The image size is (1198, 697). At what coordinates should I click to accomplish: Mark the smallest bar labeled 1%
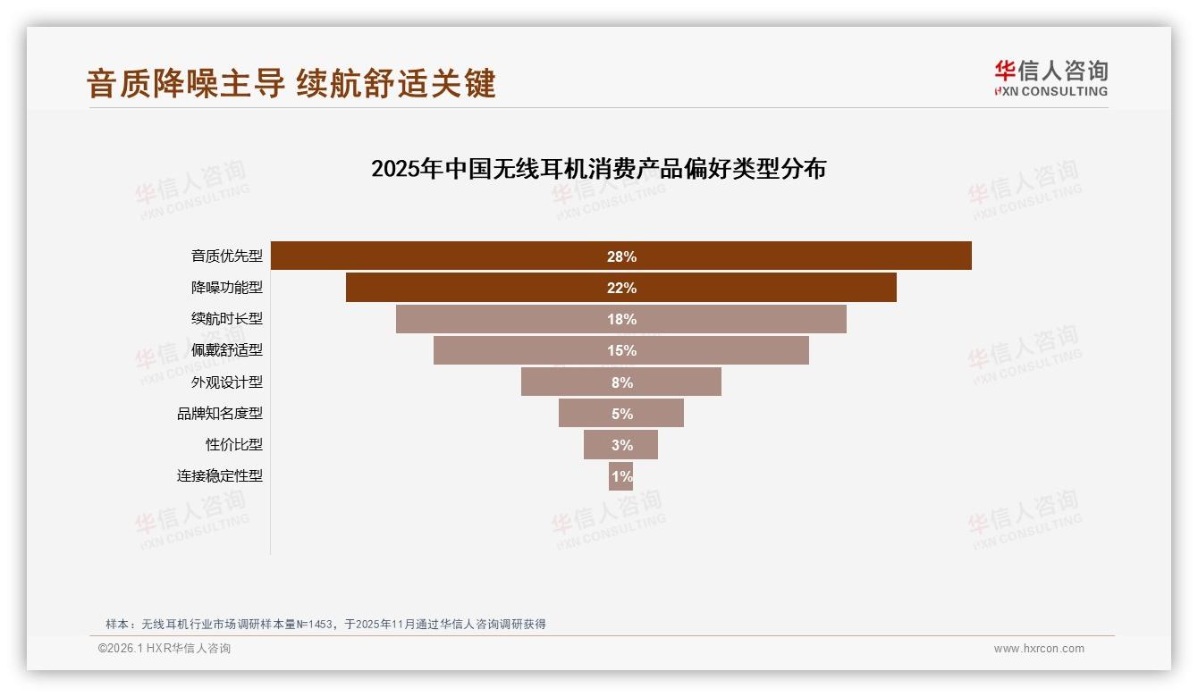click(x=620, y=475)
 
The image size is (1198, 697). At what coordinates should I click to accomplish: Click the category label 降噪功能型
click(x=227, y=288)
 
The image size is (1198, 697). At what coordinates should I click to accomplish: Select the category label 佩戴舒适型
click(x=227, y=350)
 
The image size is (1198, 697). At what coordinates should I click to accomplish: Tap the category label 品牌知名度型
click(x=220, y=413)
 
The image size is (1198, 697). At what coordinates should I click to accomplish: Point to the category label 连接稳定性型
click(x=220, y=475)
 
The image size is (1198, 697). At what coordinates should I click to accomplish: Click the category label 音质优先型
click(x=227, y=256)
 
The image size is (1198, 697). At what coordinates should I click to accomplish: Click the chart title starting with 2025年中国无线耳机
click(x=598, y=169)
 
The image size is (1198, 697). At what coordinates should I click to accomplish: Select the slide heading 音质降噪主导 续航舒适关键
click(x=291, y=84)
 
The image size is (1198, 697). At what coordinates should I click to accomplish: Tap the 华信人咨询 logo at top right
click(x=1050, y=78)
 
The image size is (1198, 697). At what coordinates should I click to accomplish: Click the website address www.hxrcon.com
click(x=1039, y=649)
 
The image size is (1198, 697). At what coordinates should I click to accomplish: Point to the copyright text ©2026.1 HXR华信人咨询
click(x=165, y=649)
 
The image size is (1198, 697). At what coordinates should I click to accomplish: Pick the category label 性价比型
click(x=234, y=444)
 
